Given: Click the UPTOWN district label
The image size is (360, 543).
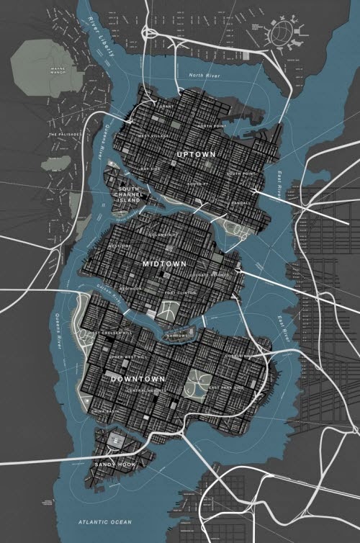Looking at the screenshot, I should pos(195,154).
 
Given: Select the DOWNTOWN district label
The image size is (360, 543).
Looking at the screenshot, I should pos(138,378).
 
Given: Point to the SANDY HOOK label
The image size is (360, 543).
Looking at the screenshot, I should pos(116,465).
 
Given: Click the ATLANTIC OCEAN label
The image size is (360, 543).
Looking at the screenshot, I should pos(104,521).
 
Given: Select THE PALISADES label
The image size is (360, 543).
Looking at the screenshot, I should pos(64,135).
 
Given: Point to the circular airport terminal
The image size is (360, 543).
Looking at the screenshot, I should pos(281,32).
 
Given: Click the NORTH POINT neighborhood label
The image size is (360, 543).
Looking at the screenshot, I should pos(211,126).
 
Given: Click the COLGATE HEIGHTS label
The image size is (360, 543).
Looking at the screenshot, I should pos(210,275).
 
